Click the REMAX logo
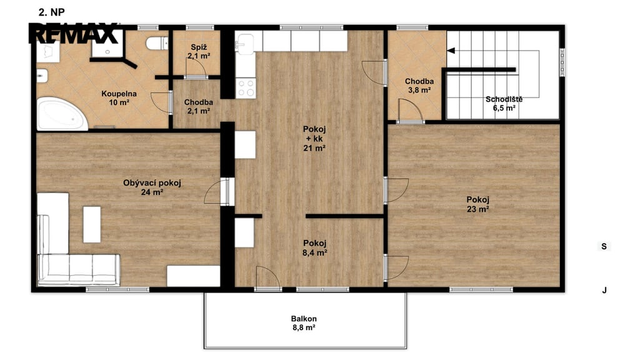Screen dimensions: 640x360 [74, 33]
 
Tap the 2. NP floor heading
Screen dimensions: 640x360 [51, 12]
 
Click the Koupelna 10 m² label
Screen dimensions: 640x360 [119, 98]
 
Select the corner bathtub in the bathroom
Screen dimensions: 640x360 [62, 114]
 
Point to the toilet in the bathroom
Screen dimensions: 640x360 [157, 43]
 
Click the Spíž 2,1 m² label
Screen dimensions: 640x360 [199, 52]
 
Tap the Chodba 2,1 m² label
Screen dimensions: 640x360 [198, 106]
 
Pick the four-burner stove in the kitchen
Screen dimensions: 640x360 [246, 88]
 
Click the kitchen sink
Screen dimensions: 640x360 [244, 44]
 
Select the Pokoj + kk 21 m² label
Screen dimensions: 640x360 [314, 139]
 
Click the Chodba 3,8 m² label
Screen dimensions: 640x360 [419, 86]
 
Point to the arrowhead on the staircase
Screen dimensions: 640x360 [451, 51]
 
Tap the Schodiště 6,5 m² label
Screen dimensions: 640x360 [504, 103]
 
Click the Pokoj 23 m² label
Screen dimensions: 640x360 [478, 204]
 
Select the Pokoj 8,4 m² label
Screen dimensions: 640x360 [315, 247]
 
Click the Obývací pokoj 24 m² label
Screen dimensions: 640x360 [152, 187]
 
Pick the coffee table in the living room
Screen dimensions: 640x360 [92, 224]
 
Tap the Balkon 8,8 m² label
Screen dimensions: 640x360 [304, 323]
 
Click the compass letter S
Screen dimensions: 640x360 [604, 246]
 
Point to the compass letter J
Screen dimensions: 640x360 [604, 290]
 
